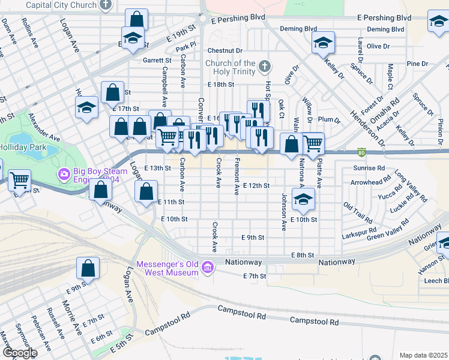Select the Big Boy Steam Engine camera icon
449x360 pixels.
point(64,174)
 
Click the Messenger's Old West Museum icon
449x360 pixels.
point(208,266)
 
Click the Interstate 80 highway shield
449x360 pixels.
point(361,152)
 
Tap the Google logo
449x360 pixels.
point(19,353)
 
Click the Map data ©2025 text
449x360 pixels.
point(423,355)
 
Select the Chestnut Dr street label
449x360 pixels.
point(225,51)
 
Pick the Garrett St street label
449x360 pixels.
point(157,61)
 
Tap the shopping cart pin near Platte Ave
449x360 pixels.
point(313,144)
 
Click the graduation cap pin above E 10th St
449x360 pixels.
point(304,200)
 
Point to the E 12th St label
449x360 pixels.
point(256,186)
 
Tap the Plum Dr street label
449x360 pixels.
point(330,120)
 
